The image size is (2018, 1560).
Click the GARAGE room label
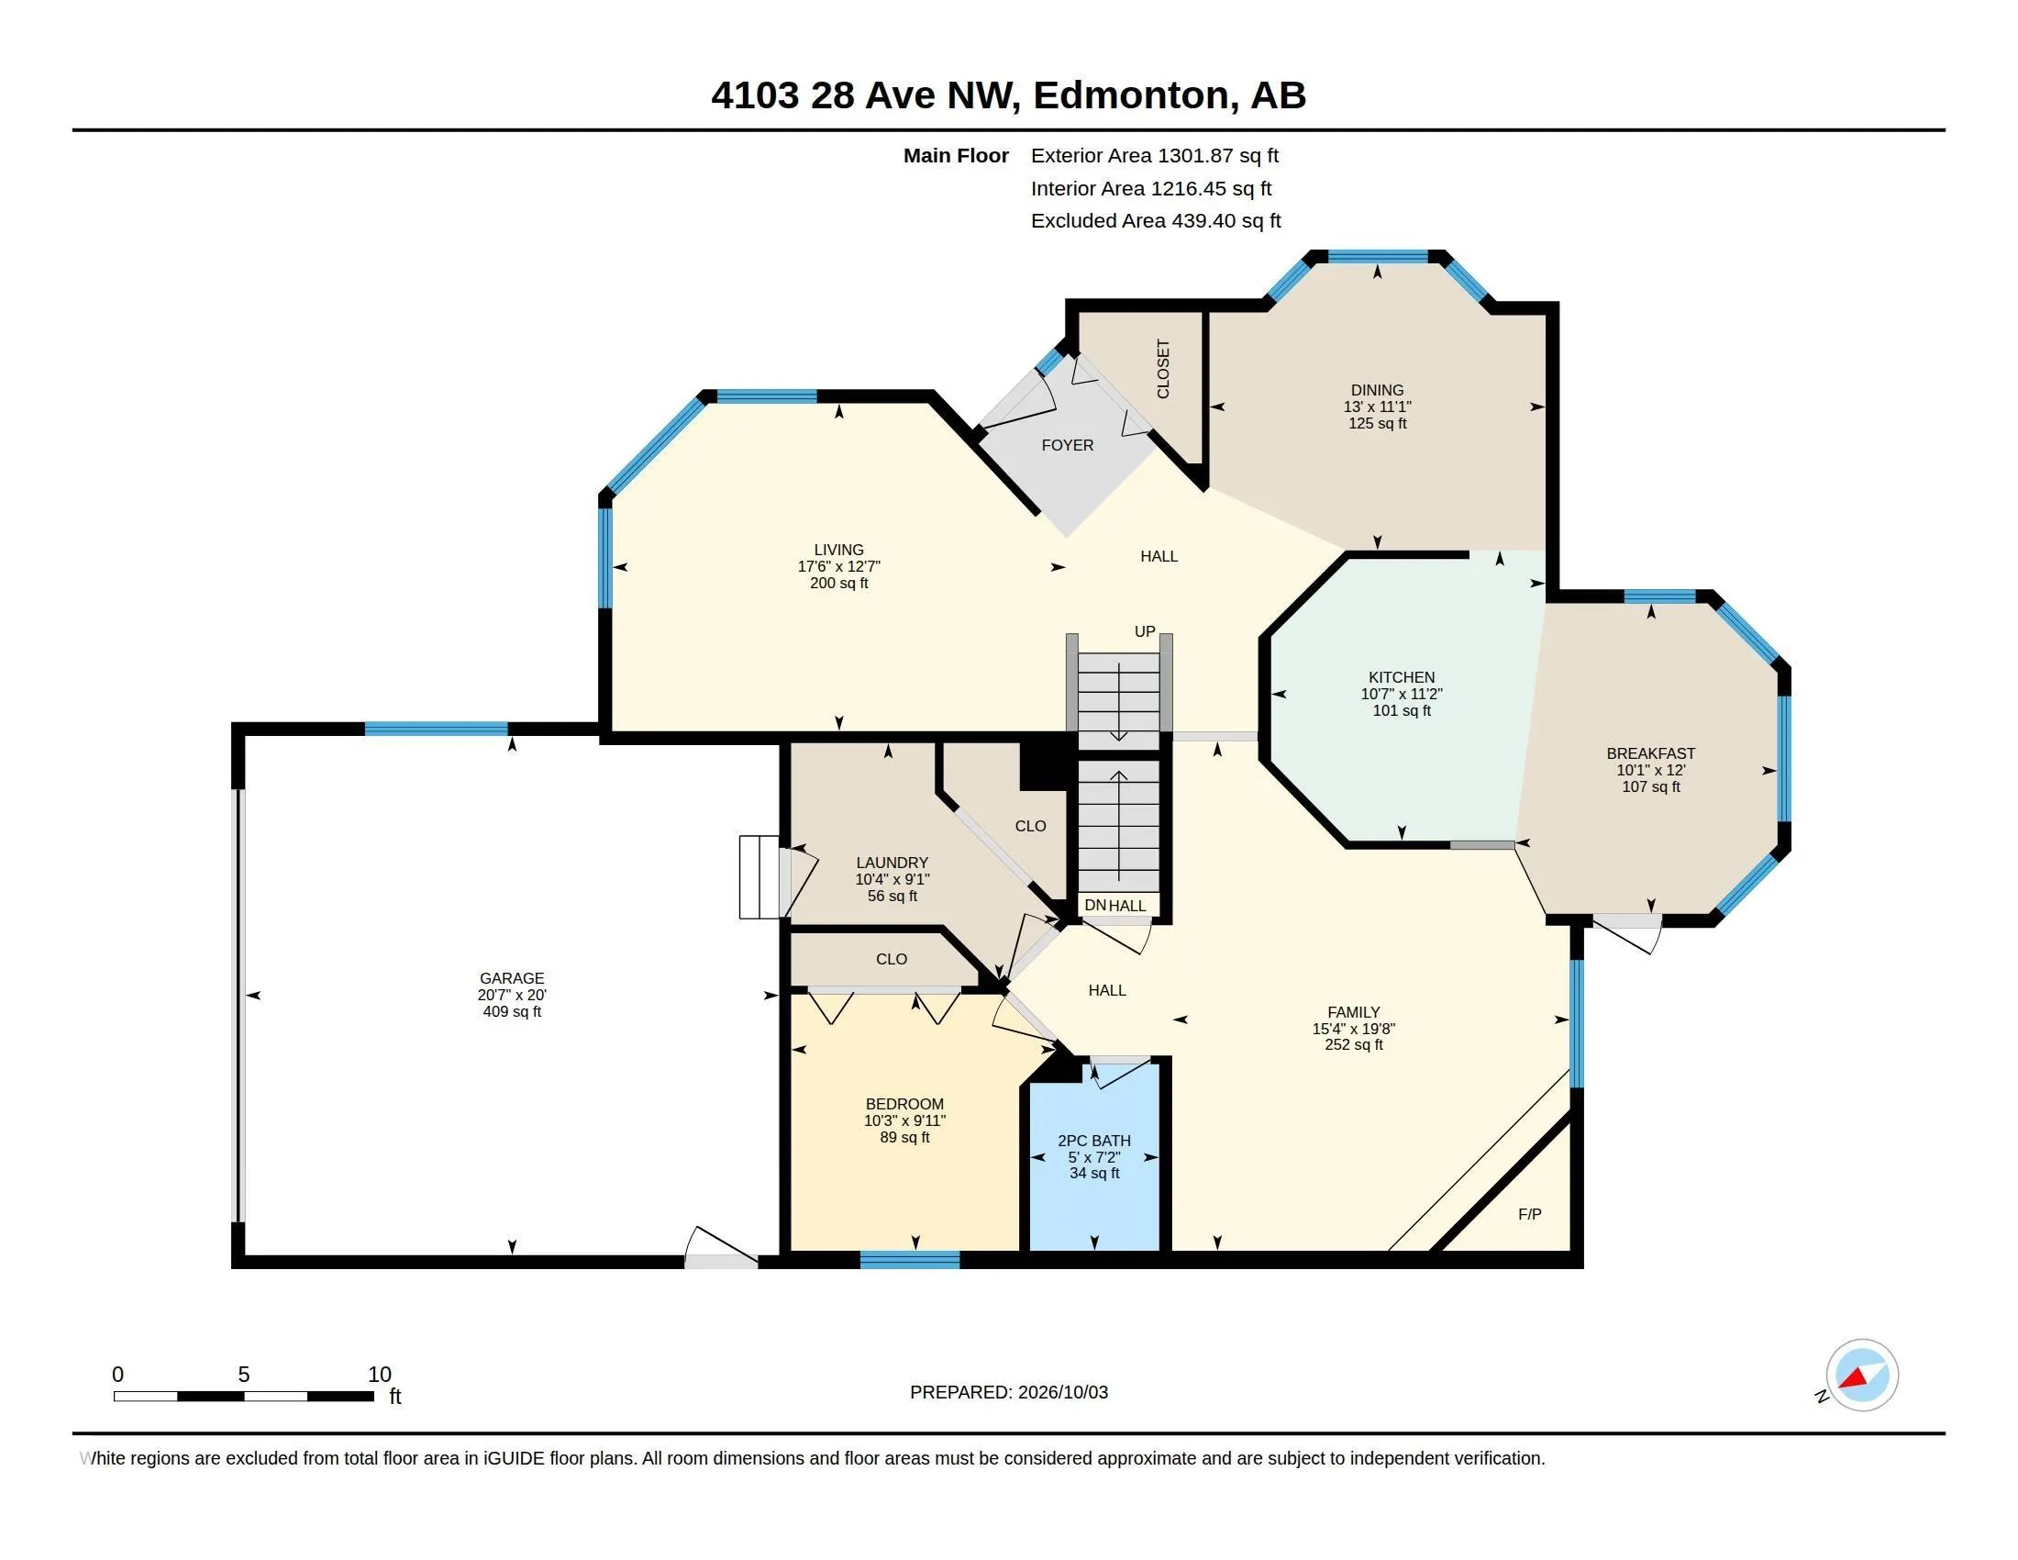click(x=512, y=978)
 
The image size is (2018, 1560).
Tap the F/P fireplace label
click(x=1530, y=1214)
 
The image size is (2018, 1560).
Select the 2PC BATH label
click(x=1094, y=1141)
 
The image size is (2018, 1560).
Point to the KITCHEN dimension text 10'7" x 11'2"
click(x=1402, y=694)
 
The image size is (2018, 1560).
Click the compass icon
click(x=1862, y=1376)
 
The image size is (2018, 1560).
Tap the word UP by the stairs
click(x=1145, y=631)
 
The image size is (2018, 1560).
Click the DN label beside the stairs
click(x=1095, y=906)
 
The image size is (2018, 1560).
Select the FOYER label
click(x=1067, y=445)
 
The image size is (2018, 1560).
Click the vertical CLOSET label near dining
click(x=1163, y=369)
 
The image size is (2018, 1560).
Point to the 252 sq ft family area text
click(x=1354, y=1045)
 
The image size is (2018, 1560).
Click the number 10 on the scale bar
click(x=380, y=1375)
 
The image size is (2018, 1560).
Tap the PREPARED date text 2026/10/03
click(x=1062, y=1393)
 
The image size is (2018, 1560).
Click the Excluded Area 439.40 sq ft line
click(x=1156, y=221)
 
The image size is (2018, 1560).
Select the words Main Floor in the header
click(x=956, y=156)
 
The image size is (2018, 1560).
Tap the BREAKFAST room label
click(x=1651, y=753)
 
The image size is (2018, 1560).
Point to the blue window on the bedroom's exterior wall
click(x=910, y=1260)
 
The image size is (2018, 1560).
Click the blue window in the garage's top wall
click(x=436, y=729)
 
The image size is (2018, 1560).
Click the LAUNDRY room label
click(x=892, y=863)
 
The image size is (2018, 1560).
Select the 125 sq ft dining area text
click(x=1377, y=423)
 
